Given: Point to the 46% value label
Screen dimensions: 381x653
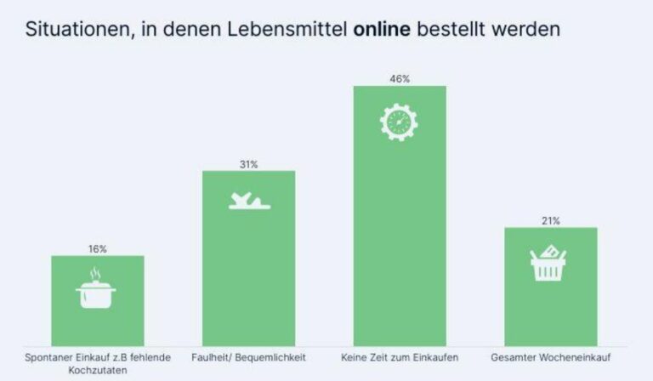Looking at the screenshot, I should pyautogui.click(x=400, y=79).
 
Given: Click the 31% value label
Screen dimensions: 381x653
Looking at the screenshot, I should pyautogui.click(x=248, y=164).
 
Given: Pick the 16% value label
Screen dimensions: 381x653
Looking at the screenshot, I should pyautogui.click(x=98, y=249).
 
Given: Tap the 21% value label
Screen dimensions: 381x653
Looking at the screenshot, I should pyautogui.click(x=551, y=221).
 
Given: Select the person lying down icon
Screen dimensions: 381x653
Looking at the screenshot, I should pyautogui.click(x=249, y=201).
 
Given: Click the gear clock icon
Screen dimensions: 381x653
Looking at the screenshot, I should pyautogui.click(x=399, y=122).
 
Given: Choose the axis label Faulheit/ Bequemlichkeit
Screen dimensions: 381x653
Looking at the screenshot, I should pyautogui.click(x=248, y=357).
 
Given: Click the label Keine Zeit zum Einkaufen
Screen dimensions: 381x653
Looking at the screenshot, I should pyautogui.click(x=399, y=357).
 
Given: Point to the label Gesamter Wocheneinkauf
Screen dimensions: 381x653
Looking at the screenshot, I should pyautogui.click(x=551, y=357).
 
